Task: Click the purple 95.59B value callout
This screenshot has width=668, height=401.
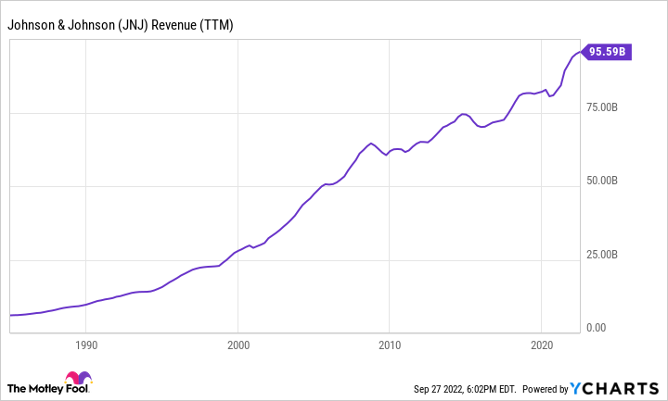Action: coord(609,53)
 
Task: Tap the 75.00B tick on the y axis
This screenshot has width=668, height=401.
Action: coord(608,109)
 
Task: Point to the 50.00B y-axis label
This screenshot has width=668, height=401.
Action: coord(608,182)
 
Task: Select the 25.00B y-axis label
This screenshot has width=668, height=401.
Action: coord(608,256)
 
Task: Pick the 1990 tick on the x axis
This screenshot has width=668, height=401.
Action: coord(85,345)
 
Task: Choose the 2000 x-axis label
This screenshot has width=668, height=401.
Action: coord(238,345)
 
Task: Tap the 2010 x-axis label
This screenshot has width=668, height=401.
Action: coord(390,345)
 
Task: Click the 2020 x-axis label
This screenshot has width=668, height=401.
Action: coord(542,345)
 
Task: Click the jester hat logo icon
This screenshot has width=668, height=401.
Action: coord(79,381)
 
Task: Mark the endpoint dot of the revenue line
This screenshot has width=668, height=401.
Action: coord(582,52)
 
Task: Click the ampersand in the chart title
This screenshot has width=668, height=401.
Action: coord(62,25)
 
